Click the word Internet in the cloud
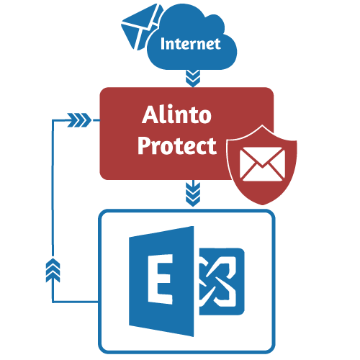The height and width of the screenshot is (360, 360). pyautogui.click(x=191, y=44)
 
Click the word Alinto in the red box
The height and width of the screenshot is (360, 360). pyautogui.click(x=176, y=114)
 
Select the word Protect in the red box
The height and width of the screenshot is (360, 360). pyautogui.click(x=177, y=146)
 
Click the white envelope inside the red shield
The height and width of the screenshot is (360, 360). pyautogui.click(x=262, y=164)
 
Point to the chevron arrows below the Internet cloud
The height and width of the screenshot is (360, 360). pyautogui.click(x=193, y=78)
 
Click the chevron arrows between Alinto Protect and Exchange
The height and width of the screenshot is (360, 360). pyautogui.click(x=193, y=194)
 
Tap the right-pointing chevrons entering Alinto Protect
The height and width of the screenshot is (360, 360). pyautogui.click(x=79, y=120)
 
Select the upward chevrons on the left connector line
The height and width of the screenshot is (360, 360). pyautogui.click(x=53, y=271)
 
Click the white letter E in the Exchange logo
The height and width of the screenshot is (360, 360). pyautogui.click(x=159, y=279)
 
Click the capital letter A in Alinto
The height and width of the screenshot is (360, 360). pyautogui.click(x=150, y=114)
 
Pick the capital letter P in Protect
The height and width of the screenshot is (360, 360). pyautogui.click(x=144, y=145)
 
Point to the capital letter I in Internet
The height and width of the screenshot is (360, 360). pyautogui.click(x=163, y=44)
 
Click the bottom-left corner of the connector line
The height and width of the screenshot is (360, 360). pyautogui.click(x=53, y=302)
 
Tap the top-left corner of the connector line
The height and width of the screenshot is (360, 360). pyautogui.click(x=53, y=120)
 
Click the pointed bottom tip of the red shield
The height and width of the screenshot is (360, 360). pyautogui.click(x=263, y=204)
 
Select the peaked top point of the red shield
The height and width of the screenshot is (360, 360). pyautogui.click(x=262, y=125)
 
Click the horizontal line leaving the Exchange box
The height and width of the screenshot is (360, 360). pyautogui.click(x=76, y=302)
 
